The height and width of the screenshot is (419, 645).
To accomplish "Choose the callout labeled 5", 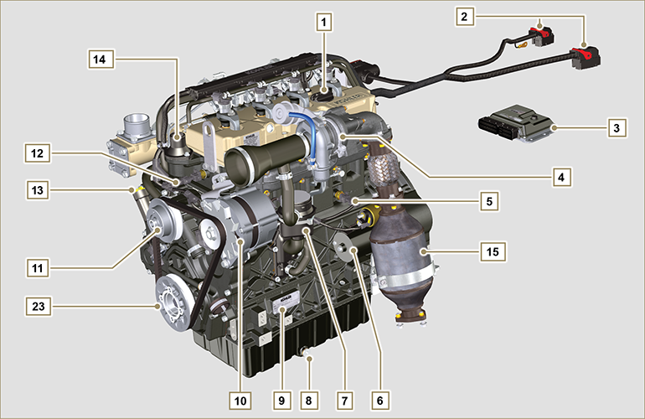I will pos(488,201).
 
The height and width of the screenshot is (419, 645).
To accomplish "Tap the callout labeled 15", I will pos(491,250).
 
